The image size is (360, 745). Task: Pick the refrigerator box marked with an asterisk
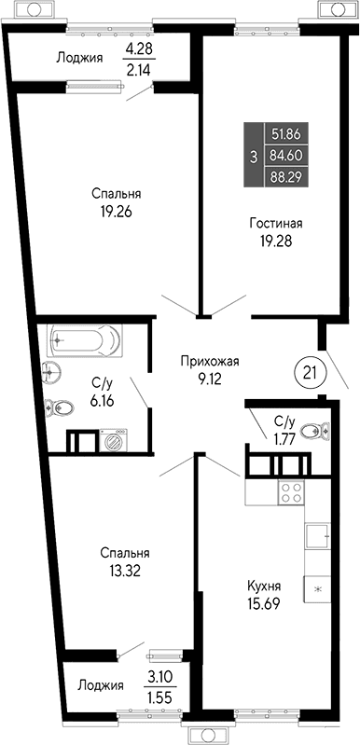[319, 589]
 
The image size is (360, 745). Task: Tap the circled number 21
[309, 371]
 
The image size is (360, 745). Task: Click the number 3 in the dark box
[253, 157]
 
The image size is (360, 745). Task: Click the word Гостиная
[275, 224]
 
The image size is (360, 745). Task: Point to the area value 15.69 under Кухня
[265, 603]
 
